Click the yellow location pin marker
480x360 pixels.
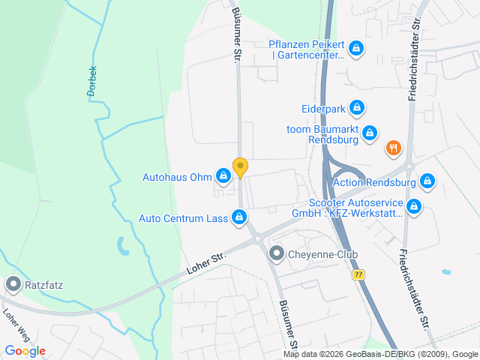point(240,167)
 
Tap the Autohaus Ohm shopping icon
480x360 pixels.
point(223,177)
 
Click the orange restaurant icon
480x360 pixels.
point(393,148)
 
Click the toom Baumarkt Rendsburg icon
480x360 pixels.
point(369,133)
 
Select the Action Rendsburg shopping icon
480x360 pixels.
point(427,181)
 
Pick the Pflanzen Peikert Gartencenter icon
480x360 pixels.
point(356,49)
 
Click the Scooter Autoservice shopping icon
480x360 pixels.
point(413,205)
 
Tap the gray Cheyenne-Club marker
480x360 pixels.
point(277,254)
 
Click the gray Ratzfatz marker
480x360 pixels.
point(13,284)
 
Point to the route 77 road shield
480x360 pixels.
point(358,275)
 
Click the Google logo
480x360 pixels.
point(25,350)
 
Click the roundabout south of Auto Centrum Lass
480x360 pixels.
point(257,239)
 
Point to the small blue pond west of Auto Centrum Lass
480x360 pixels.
point(121,244)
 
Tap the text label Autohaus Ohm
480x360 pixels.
point(178,178)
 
